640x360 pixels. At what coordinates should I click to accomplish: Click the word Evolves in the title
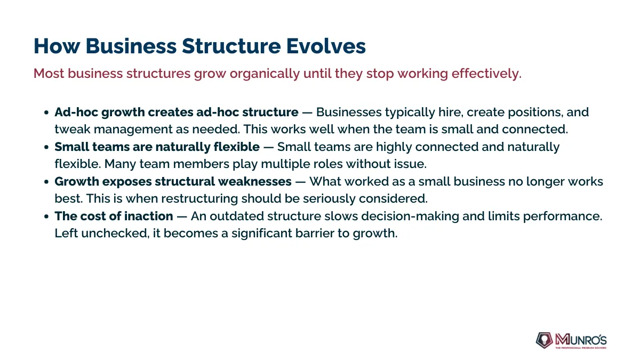point(326,46)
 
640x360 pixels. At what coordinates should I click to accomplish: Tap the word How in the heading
point(57,46)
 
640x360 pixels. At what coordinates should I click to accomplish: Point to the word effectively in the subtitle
point(486,74)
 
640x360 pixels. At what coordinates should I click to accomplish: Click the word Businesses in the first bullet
point(349,112)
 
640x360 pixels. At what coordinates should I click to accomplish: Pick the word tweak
point(73,129)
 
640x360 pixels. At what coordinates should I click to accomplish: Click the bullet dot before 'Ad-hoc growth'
point(46,113)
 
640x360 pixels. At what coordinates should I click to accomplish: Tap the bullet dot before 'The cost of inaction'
point(46,217)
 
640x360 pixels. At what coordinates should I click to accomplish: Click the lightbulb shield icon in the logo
point(544,340)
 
